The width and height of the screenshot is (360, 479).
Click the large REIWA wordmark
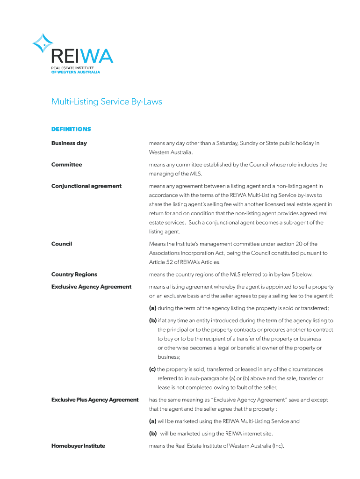(x=82, y=57)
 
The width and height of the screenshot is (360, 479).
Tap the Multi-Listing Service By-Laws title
(x=107, y=102)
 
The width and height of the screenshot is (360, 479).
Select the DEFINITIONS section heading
(x=71, y=129)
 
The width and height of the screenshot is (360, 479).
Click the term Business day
(x=69, y=143)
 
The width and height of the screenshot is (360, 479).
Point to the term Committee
(x=66, y=165)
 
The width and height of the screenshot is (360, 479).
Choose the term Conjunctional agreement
(x=86, y=186)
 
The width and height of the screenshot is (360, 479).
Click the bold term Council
(x=62, y=244)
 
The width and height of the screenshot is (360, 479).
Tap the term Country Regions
(x=74, y=275)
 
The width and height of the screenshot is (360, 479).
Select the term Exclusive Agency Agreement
(x=91, y=287)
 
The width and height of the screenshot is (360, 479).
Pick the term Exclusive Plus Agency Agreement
(x=95, y=400)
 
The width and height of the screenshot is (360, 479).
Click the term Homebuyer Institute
(x=78, y=446)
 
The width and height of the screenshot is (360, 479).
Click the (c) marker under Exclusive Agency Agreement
(x=152, y=370)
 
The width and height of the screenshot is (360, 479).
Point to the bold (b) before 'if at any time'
(x=153, y=321)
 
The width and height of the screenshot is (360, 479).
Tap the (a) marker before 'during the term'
(x=153, y=308)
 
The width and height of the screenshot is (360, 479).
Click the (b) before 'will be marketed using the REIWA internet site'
(x=153, y=434)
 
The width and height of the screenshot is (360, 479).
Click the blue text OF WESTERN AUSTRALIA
(x=75, y=72)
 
